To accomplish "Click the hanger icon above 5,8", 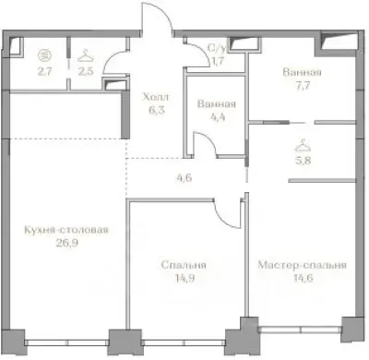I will tap(301, 145).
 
